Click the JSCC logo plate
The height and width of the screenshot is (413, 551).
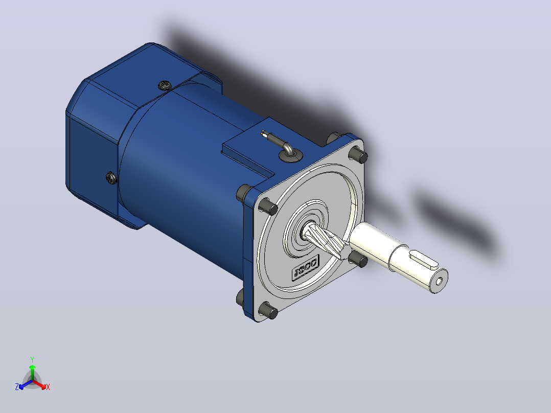306,267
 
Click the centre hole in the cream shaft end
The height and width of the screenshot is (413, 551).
439,282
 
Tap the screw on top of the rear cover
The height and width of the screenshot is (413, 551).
164,85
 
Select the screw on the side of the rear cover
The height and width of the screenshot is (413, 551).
111,178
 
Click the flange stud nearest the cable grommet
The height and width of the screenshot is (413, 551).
358,154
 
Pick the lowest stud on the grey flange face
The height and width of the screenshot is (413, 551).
268,311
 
